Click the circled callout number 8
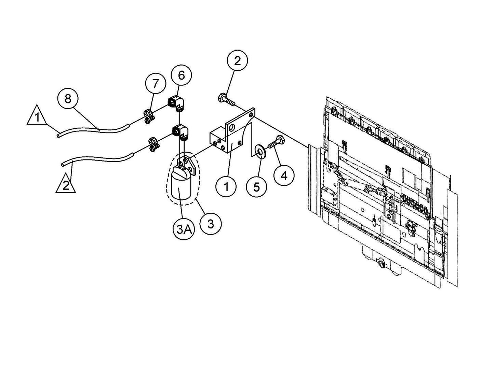68,99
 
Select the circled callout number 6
181,75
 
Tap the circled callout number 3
211,224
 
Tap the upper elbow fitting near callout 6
176,102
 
